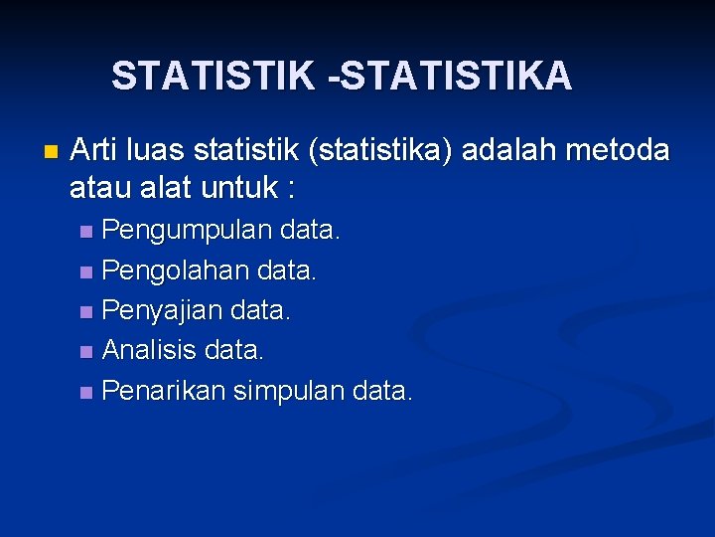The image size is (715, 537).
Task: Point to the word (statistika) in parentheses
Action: click(x=382, y=151)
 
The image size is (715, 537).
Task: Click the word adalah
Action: click(x=511, y=151)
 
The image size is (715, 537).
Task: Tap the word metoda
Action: click(x=620, y=151)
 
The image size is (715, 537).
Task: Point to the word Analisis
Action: click(x=148, y=351)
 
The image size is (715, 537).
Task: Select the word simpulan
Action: click(x=290, y=391)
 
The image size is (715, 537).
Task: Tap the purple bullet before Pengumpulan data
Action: click(x=86, y=233)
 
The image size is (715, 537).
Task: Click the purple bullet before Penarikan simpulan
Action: click(x=86, y=392)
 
